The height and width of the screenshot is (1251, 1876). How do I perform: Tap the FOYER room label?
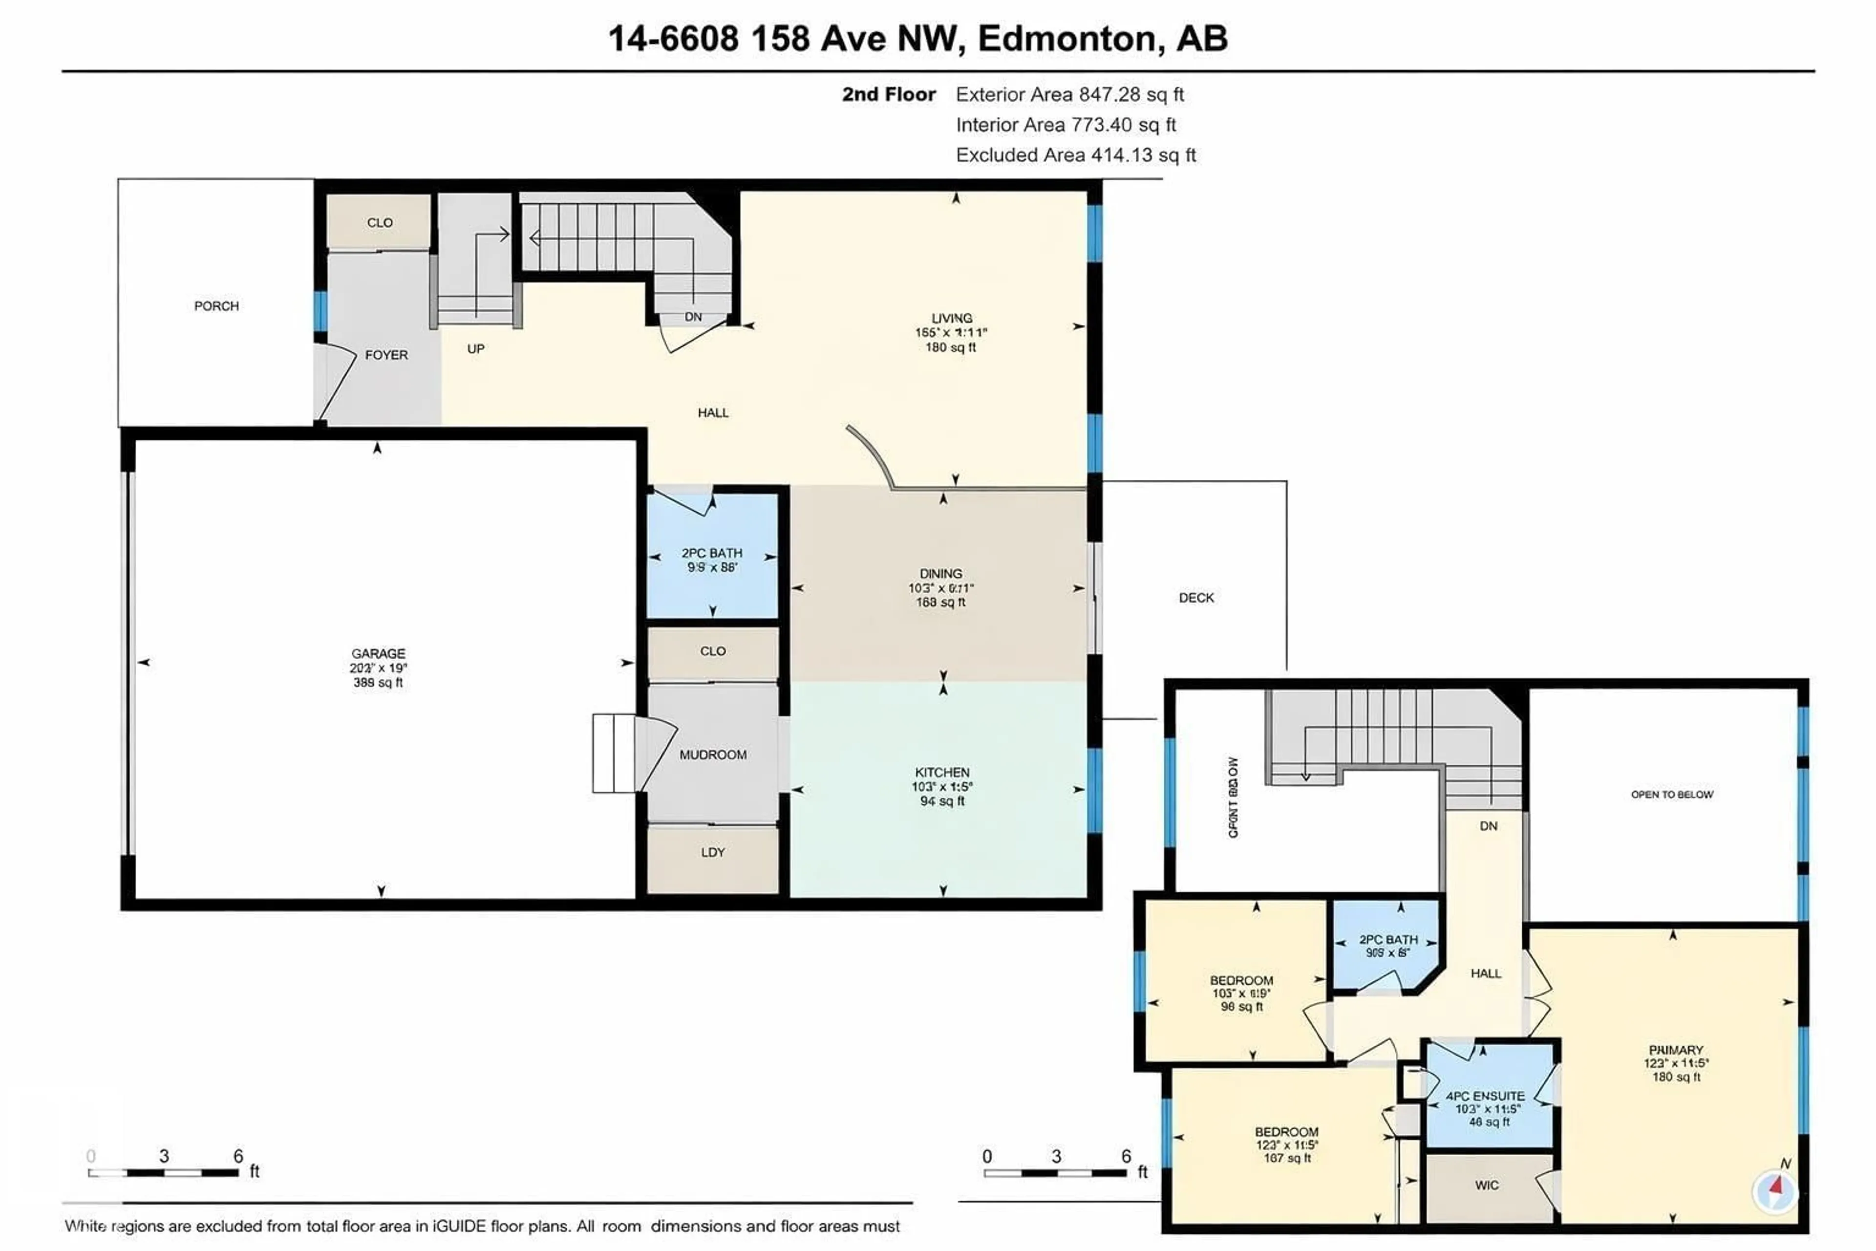[x=386, y=355]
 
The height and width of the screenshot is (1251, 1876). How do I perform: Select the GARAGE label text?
[x=378, y=653]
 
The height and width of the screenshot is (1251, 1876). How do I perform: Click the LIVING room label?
[x=952, y=318]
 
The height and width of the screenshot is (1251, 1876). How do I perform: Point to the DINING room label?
[x=940, y=574]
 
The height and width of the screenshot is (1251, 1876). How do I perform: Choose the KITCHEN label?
[x=942, y=772]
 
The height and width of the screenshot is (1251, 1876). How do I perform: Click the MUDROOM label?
[x=712, y=755]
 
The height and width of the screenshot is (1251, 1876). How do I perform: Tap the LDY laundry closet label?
[x=712, y=852]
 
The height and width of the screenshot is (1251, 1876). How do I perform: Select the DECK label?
[x=1195, y=598]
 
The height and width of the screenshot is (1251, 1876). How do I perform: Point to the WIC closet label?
[x=1486, y=1186]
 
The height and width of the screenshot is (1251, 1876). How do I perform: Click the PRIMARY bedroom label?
[x=1676, y=1050]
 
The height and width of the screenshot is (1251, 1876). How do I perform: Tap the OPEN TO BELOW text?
[x=1672, y=795]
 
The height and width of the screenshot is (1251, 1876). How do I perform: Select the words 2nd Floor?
[x=889, y=94]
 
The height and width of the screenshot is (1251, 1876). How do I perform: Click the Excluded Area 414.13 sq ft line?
[x=1075, y=155]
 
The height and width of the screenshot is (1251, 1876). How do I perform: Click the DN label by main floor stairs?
[x=693, y=317]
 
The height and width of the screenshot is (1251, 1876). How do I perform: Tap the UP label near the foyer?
[x=475, y=348]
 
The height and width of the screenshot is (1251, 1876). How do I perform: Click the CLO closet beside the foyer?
[x=380, y=223]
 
